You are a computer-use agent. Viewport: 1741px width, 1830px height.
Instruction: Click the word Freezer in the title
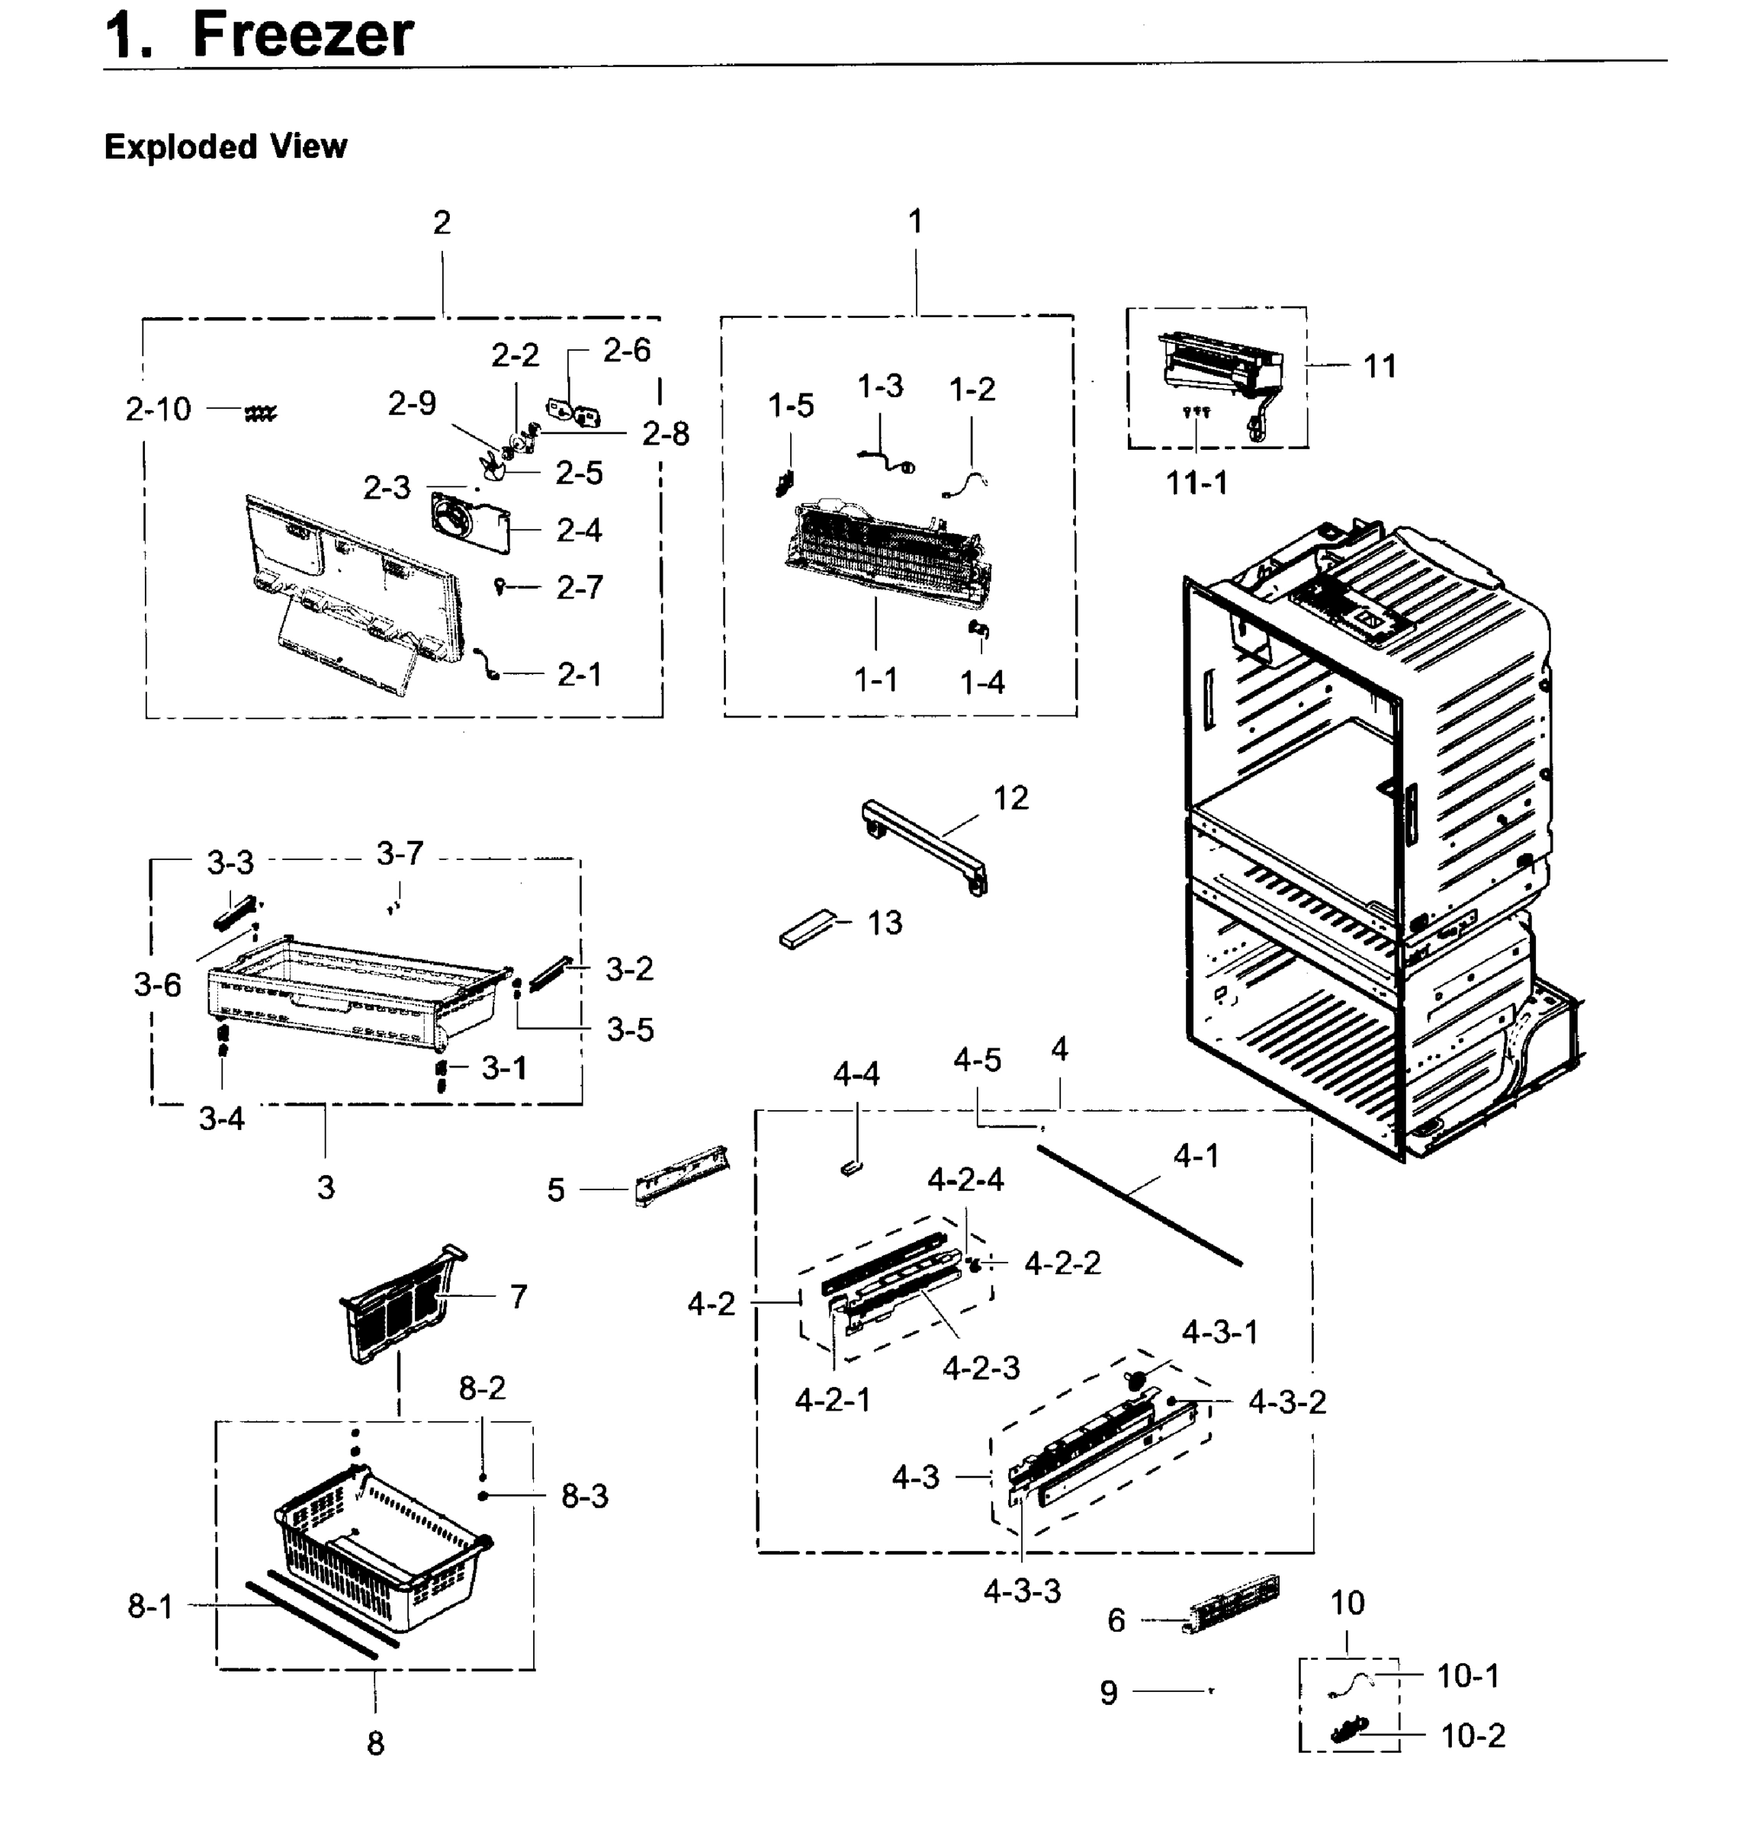(x=303, y=35)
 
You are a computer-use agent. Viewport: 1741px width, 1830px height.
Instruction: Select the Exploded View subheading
(x=226, y=146)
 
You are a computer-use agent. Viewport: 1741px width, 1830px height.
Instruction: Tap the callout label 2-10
(x=158, y=409)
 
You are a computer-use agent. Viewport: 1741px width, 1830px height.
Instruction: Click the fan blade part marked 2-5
(x=493, y=469)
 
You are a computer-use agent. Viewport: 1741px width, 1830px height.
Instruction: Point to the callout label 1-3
(x=880, y=386)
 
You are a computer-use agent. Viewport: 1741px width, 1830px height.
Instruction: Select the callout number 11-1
(x=1197, y=483)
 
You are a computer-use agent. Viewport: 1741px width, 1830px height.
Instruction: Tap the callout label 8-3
(x=585, y=1496)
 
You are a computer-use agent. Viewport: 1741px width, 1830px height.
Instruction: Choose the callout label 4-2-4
(x=965, y=1180)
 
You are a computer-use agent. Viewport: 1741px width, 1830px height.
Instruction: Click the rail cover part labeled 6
(x=1232, y=1604)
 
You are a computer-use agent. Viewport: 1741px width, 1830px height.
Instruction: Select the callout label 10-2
(x=1473, y=1735)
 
